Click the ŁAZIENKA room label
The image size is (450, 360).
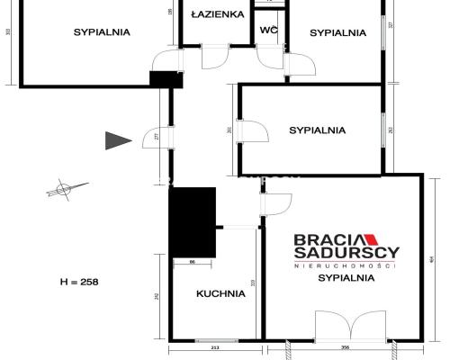click(x=217, y=14)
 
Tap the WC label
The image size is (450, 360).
click(x=268, y=31)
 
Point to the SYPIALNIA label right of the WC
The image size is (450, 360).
click(x=337, y=32)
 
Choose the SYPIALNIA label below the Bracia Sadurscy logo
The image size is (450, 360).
click(x=346, y=279)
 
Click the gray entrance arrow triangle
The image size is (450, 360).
click(x=117, y=139)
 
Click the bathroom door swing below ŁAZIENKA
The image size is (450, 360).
click(x=216, y=57)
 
